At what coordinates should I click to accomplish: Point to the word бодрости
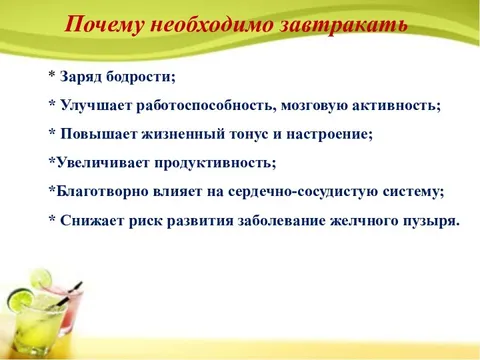(141, 77)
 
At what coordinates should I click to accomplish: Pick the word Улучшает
(97, 106)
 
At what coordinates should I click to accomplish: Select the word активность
(403, 106)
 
